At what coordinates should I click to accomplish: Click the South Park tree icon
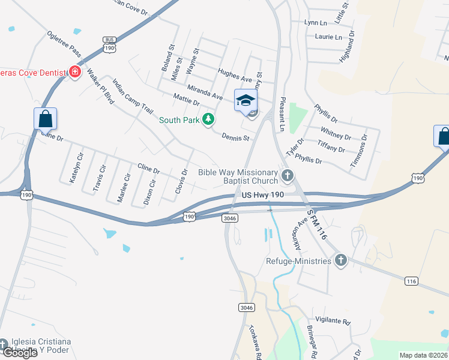point(208,120)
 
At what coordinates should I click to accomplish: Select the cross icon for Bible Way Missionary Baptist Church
point(288,176)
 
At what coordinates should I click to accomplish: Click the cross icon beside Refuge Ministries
point(341,260)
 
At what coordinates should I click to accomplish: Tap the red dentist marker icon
point(75,73)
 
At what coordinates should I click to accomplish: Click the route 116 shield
point(411,281)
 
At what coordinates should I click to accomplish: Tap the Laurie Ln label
point(328,37)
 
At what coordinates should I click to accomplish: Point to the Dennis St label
point(235,137)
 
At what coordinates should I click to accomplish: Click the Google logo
point(19,353)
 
